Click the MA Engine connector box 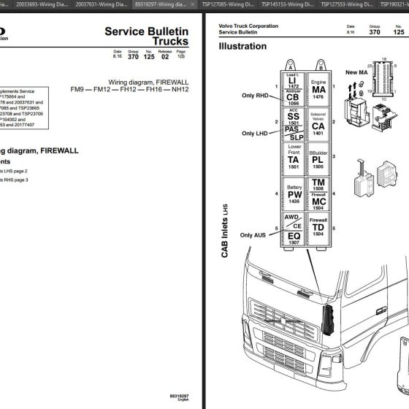[x=318, y=88]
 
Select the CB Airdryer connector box [x=292, y=98]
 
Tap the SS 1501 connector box [x=292, y=117]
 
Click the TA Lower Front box [x=292, y=158]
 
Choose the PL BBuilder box [x=318, y=158]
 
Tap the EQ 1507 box [x=292, y=237]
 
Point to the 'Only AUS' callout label [x=256, y=234]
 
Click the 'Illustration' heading [x=242, y=46]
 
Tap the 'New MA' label [x=356, y=72]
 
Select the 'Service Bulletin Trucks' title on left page [x=146, y=37]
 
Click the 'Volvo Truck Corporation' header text [x=248, y=26]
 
